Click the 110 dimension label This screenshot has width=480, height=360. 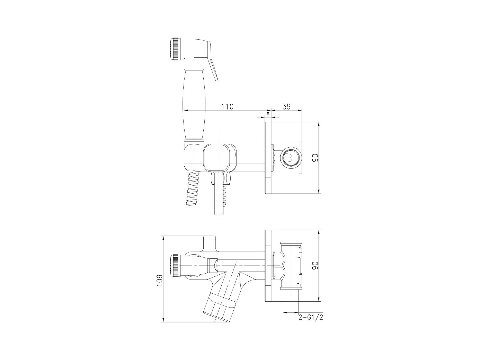[x=228, y=106]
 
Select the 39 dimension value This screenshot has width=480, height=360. [x=286, y=106]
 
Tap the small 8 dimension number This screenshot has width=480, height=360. [x=268, y=114]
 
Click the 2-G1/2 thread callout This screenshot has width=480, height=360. [x=311, y=317]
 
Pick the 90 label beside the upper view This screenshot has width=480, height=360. [x=315, y=157]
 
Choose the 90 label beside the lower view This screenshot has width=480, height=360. [x=315, y=265]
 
